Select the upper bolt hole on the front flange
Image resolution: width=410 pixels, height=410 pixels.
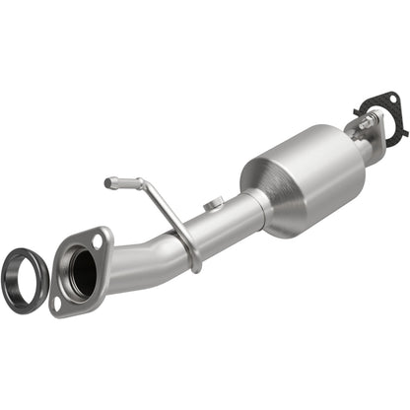coord(97,239)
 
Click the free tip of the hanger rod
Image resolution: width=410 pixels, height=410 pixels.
coord(108,182)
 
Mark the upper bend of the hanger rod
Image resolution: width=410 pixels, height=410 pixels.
coord(144,185)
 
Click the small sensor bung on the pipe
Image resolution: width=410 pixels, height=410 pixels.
coord(211,205)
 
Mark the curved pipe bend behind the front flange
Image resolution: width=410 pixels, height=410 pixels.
coord(123,266)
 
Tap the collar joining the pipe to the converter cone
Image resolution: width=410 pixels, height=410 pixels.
coord(254,211)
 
